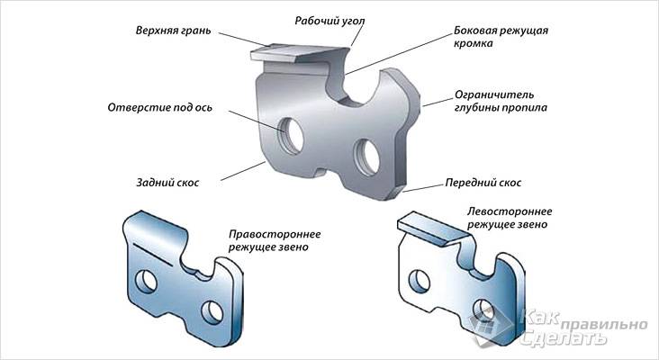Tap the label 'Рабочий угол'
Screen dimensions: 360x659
tap(325, 19)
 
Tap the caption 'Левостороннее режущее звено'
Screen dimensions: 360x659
tap(508, 216)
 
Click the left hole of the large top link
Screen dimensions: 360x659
tap(292, 134)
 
